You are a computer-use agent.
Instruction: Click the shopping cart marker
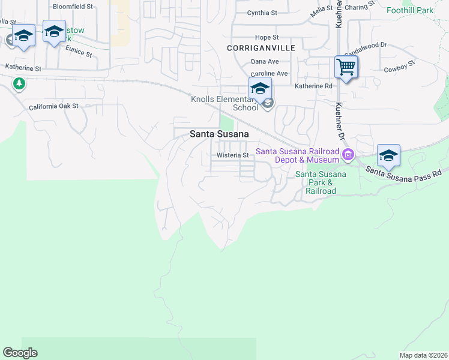coord(346,67)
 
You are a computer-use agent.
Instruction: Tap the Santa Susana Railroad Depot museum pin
coord(348,156)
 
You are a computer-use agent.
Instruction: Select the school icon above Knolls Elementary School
coord(260,88)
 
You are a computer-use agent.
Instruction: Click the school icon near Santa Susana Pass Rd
coord(388,155)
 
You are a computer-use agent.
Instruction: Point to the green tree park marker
coord(20,83)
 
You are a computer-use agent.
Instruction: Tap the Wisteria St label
coord(233,155)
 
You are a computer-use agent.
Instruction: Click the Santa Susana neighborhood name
coord(219,134)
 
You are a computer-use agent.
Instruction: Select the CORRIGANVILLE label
coord(254,47)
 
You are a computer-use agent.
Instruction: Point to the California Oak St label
coord(54,106)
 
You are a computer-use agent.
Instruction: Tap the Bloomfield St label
coord(73,7)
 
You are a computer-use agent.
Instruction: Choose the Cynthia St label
coord(262,13)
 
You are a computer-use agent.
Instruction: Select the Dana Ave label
coord(265,61)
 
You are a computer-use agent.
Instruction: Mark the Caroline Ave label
coord(270,73)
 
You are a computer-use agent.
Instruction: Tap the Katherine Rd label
coord(313,86)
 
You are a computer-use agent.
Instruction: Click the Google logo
coord(20,353)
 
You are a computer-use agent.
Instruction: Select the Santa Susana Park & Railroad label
coord(321,182)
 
